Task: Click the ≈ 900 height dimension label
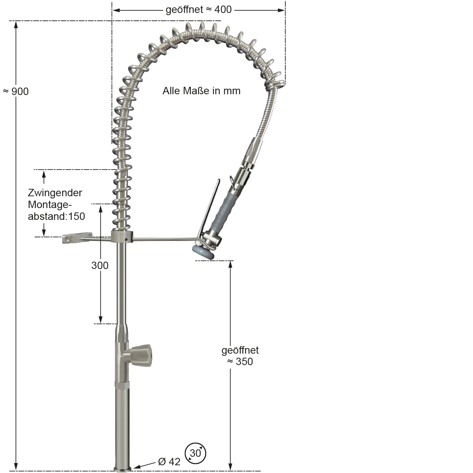coord(16,91)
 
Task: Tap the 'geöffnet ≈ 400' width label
coord(198,10)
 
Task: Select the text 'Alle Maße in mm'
coord(201,91)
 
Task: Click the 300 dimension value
coord(100,265)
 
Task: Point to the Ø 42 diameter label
coord(169,462)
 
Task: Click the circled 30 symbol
coord(195,453)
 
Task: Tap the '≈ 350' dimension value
coord(240,361)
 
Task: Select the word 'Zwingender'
coord(55,193)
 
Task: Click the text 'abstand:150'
coord(57,217)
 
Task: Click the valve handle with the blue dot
coord(141,355)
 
